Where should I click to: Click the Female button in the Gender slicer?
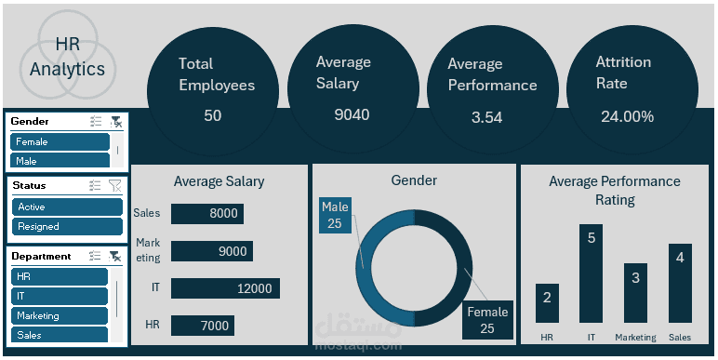(60, 142)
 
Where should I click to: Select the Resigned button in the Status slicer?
(66, 226)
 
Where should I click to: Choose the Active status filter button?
(66, 207)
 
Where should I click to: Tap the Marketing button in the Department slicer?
(60, 316)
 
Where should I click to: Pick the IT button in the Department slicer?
(60, 296)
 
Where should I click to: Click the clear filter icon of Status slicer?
(114, 186)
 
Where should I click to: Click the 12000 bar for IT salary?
(226, 288)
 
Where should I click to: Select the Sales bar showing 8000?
(206, 214)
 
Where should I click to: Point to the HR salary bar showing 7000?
(203, 326)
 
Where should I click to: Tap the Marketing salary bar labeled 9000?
(212, 251)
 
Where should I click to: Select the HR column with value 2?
(547, 303)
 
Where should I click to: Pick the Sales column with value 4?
(680, 284)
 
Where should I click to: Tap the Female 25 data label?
(486, 320)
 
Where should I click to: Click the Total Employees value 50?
(212, 115)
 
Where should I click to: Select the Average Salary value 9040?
(352, 114)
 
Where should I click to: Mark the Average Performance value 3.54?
(486, 117)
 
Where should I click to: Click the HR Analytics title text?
(67, 57)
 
